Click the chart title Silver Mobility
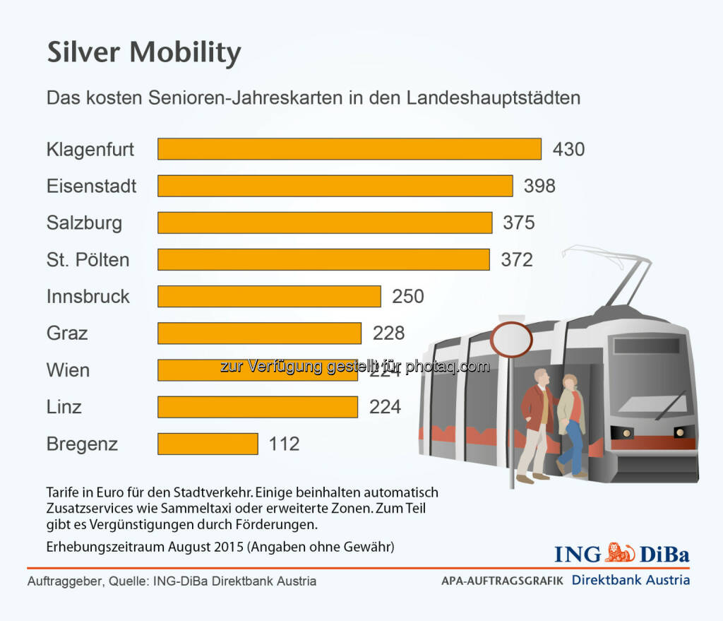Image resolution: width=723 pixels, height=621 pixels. tap(144, 53)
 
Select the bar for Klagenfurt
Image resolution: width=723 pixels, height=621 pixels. tap(349, 149)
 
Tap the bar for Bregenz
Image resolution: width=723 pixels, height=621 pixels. tap(207, 444)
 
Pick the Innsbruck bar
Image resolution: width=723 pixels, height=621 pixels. tap(268, 296)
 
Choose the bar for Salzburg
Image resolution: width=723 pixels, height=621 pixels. tap(324, 223)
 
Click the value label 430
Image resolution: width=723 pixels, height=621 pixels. tap(568, 149)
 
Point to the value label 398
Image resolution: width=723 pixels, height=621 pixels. tap(539, 186)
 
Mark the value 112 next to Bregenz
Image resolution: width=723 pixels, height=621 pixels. tap(284, 444)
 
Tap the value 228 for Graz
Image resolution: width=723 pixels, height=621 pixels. tap(388, 333)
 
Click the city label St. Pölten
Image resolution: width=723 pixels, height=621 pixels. tap(88, 259)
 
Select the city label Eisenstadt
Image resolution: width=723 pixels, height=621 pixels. tap(91, 186)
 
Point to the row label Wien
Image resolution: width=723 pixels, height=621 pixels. tap(68, 369)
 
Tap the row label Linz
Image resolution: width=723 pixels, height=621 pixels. tap(64, 407)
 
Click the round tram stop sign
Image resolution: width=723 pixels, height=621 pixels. tap(511, 340)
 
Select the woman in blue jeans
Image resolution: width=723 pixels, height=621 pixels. tap(570, 424)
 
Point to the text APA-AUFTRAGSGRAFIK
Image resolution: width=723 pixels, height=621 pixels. tap(502, 581)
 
